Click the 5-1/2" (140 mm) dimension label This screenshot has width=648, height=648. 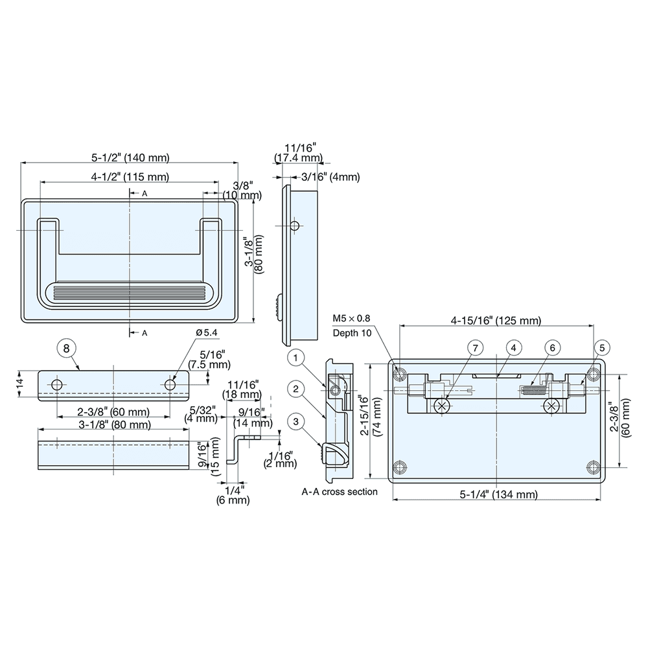tap(130, 157)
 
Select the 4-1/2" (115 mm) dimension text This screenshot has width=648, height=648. tap(130, 176)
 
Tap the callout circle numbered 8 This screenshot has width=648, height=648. tap(65, 348)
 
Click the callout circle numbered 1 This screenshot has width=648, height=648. tap(295, 357)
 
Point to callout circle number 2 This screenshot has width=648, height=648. tap(295, 389)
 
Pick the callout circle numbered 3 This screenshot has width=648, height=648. tap(295, 422)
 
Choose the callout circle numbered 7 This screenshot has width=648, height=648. tap(475, 349)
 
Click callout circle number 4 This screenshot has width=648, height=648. tap(513, 349)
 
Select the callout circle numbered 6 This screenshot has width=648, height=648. tap(551, 349)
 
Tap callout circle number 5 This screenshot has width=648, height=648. tap(602, 349)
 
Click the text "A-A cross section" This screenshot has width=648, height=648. tap(340, 492)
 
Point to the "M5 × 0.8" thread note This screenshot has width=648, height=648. tap(351, 319)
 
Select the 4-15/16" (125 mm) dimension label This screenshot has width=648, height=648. tap(496, 320)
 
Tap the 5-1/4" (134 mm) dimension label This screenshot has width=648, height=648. tap(498, 494)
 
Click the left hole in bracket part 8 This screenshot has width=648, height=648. tap(58, 385)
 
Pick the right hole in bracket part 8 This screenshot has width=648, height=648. tap(170, 385)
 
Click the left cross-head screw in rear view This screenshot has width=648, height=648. tap(442, 406)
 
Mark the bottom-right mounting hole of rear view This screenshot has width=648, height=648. tap(593, 467)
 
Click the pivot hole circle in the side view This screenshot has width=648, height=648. tap(295, 226)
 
